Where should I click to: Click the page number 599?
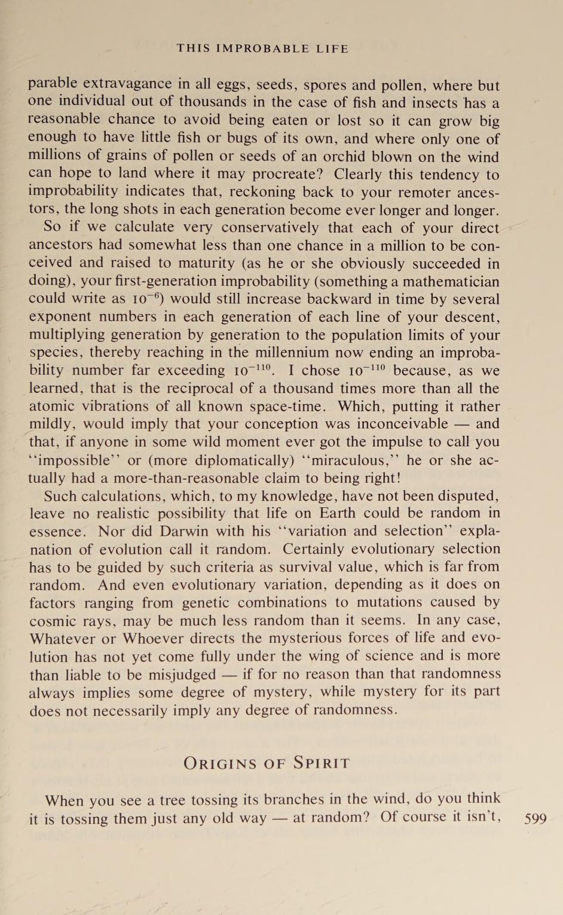click(535, 819)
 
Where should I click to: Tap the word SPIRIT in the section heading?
click(321, 763)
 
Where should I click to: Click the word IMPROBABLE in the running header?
click(263, 48)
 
